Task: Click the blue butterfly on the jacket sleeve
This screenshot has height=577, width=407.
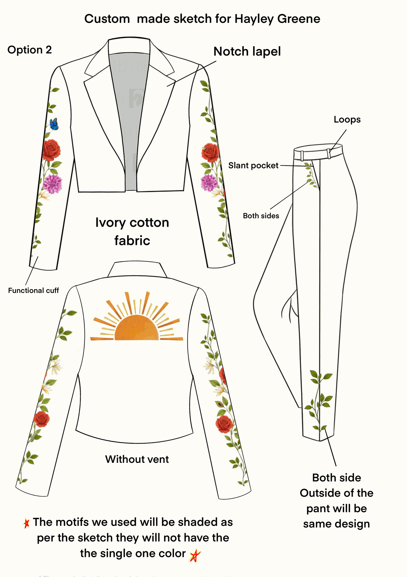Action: click(x=54, y=124)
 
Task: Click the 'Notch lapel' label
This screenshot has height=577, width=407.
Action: click(x=247, y=51)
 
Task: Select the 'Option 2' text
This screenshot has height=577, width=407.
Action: click(x=29, y=50)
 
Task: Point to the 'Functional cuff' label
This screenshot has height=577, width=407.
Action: click(x=33, y=291)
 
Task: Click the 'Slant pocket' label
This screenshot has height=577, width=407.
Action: click(x=253, y=166)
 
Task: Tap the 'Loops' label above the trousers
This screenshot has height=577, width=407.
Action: click(x=347, y=120)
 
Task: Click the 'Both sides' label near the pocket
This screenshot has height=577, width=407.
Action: click(x=261, y=216)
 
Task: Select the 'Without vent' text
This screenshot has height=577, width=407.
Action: click(x=137, y=459)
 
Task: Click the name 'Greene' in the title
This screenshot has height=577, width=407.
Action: click(x=298, y=19)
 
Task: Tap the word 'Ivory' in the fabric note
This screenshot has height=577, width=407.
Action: click(x=110, y=223)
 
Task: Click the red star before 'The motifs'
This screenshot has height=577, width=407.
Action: click(x=26, y=523)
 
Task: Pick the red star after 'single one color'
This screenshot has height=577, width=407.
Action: click(x=195, y=555)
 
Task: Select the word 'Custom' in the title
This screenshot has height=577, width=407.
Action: click(x=107, y=19)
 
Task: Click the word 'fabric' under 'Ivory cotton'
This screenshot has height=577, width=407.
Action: click(x=132, y=241)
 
